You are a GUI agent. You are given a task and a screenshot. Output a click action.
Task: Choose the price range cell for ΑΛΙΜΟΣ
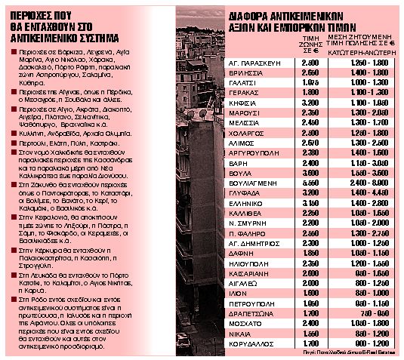[x=359, y=140]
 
